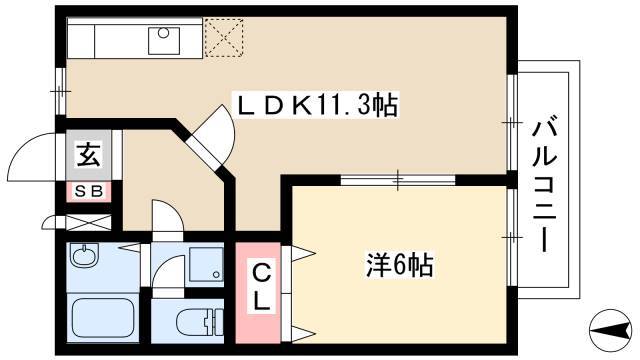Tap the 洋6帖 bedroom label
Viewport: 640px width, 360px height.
[x=399, y=266]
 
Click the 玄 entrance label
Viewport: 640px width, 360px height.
[x=89, y=155]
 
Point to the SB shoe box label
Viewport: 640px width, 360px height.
[x=89, y=191]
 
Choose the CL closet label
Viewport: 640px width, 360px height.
[x=260, y=287]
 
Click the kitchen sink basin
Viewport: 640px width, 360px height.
[x=164, y=41]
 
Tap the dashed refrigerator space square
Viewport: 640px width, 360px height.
[x=224, y=38]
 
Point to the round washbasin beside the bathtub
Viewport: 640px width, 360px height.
[x=85, y=256]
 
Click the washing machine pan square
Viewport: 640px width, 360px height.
[x=206, y=264]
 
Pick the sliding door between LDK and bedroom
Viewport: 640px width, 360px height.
[x=398, y=180]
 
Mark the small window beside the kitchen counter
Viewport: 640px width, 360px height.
[x=60, y=91]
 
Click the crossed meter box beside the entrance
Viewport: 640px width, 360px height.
[x=89, y=222]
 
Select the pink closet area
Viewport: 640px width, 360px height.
[x=258, y=293]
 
